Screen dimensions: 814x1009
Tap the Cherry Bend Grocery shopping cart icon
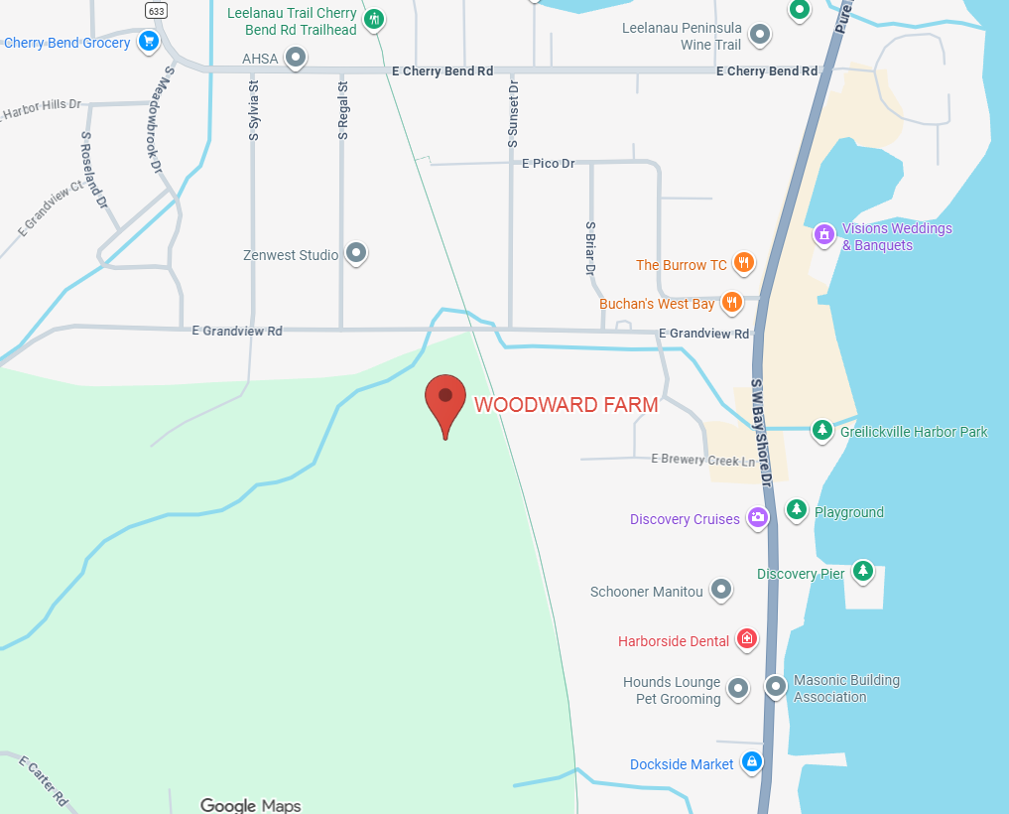point(148,42)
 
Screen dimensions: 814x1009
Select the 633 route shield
point(155,11)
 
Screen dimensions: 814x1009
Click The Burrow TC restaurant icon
point(744,264)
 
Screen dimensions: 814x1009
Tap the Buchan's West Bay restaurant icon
point(732,302)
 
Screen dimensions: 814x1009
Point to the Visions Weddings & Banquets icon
point(823,235)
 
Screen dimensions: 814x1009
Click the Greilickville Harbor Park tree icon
point(821,430)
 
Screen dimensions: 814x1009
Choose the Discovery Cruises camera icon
point(758,517)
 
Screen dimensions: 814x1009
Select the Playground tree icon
point(796,510)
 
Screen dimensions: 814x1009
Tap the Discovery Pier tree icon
point(863,571)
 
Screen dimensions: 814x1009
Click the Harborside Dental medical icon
point(747,639)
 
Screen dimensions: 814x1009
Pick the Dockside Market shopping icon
point(752,762)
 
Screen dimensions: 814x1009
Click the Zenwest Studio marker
point(356,253)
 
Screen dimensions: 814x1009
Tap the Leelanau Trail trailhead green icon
point(374,19)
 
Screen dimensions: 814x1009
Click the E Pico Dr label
point(549,163)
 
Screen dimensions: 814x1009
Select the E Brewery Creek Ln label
point(702,459)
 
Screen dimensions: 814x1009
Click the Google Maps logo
point(250,805)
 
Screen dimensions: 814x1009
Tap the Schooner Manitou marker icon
point(721,590)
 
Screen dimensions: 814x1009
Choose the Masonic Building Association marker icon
point(776,685)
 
